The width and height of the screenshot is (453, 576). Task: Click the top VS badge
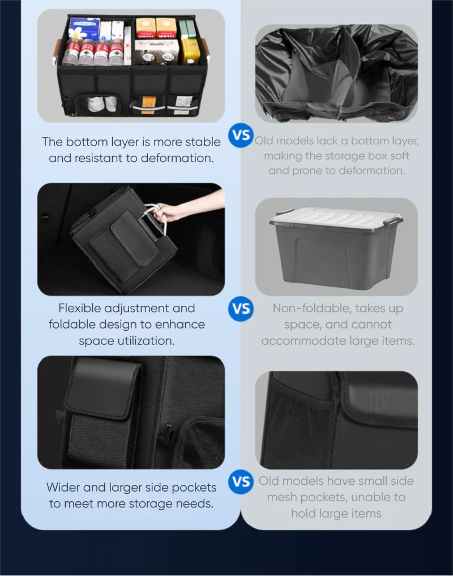pyautogui.click(x=241, y=136)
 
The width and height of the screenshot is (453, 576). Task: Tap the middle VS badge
pyautogui.click(x=241, y=309)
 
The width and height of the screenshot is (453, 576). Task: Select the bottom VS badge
pyautogui.click(x=241, y=482)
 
